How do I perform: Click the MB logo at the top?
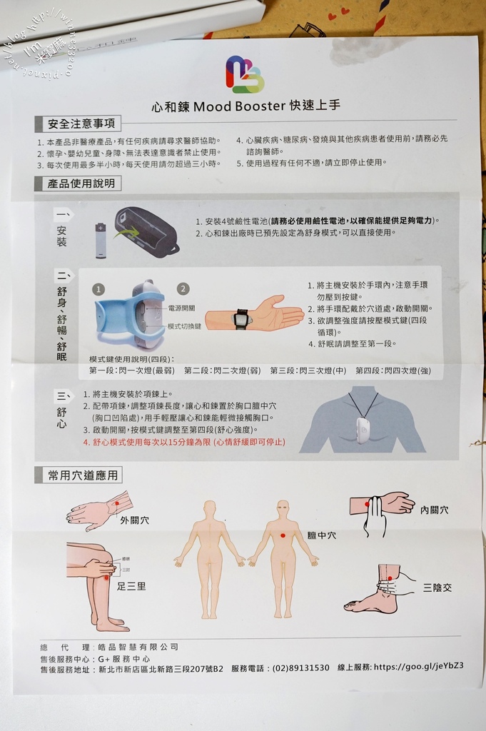coord(245,74)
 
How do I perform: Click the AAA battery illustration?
coord(101,240)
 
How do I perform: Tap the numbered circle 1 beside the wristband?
coord(98,289)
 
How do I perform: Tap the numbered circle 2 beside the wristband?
coord(183,289)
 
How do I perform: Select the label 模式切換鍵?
coord(184,326)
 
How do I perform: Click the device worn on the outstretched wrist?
coord(242,319)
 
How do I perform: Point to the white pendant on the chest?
coord(363,430)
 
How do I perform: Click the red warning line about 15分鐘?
coord(184,443)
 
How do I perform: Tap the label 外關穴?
coord(135,520)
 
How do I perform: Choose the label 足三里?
coord(131,586)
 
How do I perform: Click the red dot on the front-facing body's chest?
coord(283,535)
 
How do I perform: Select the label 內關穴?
coord(435,510)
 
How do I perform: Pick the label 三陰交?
coord(437,588)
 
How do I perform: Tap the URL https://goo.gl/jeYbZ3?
coord(418,666)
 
